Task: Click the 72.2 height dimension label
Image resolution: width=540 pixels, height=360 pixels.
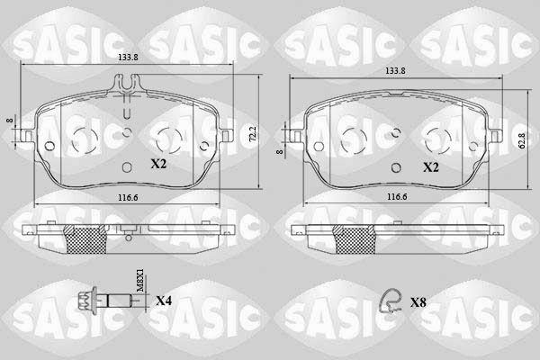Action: (x=252, y=134)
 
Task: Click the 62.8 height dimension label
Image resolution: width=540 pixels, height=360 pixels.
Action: (x=522, y=141)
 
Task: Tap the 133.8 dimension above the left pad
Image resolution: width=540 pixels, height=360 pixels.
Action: (x=128, y=58)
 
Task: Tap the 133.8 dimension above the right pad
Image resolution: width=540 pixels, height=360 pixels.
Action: (x=395, y=71)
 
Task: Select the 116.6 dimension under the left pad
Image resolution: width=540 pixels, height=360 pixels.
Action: (x=128, y=198)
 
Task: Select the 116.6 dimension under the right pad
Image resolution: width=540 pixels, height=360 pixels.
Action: (x=397, y=197)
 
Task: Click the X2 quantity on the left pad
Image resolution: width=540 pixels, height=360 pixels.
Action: (x=158, y=164)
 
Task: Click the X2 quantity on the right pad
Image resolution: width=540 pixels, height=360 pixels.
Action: (x=431, y=167)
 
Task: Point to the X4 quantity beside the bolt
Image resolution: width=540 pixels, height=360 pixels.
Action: (x=164, y=301)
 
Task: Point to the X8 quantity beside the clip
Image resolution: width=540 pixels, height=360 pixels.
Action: (x=418, y=302)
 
